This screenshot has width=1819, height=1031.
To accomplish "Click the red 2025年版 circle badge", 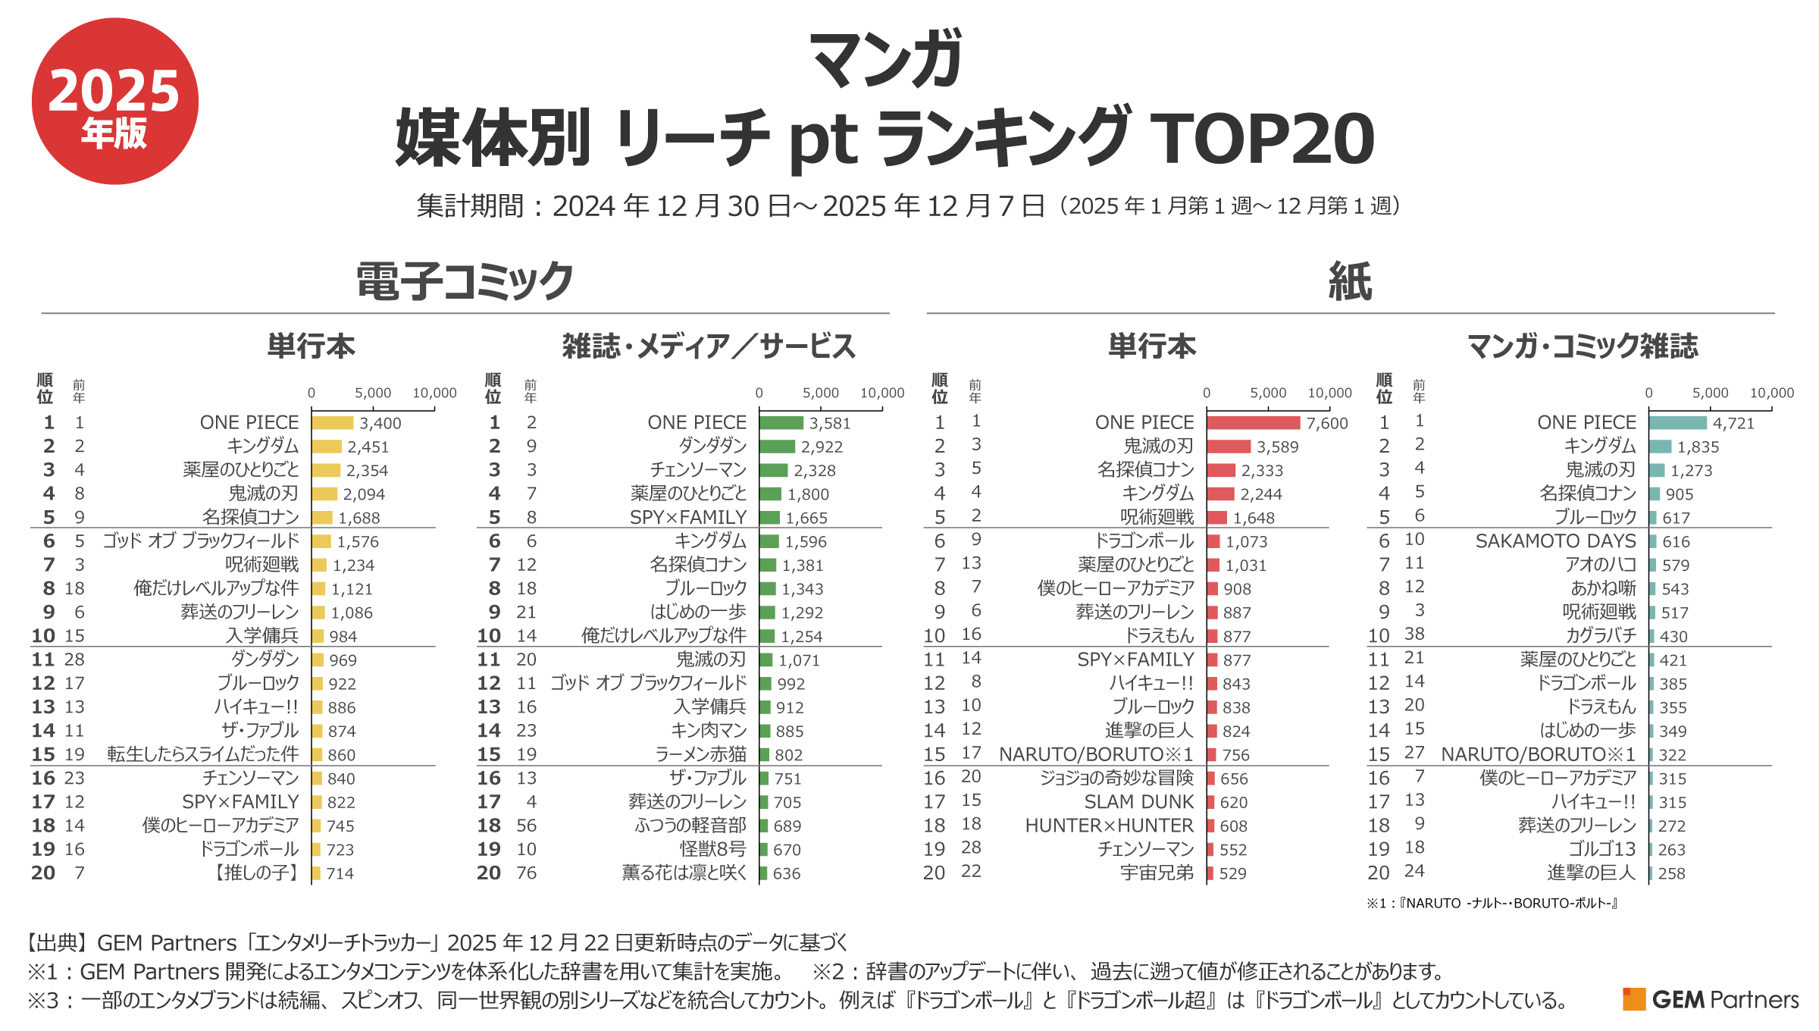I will point(115,102).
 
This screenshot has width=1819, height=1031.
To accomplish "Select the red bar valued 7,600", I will point(1254,423).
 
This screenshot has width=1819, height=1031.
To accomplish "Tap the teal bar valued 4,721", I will point(1678,423).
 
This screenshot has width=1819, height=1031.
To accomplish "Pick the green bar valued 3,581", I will point(781,423).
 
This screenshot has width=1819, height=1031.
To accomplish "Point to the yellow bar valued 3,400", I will point(333,423).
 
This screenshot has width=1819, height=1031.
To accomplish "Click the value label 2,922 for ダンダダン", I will point(822,447).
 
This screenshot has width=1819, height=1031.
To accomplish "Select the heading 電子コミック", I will point(465,281).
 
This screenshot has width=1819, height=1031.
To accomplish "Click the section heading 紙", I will point(1350,281).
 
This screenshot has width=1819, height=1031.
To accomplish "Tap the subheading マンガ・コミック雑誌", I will point(1583,346).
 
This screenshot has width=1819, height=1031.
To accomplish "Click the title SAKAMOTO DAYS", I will point(1555,541).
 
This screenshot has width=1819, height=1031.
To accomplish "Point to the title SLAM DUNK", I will point(1138,802).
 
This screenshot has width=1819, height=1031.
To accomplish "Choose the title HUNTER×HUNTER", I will point(1109,826).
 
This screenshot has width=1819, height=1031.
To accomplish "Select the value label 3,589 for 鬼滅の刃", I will point(1277,447).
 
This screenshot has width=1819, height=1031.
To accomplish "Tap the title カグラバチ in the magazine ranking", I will point(1601,636).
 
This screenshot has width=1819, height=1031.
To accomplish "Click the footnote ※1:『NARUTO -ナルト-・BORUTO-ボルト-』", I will point(1492,903).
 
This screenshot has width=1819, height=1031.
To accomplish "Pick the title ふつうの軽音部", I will point(690,826).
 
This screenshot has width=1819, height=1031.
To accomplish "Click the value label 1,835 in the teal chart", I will point(1698,447).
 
